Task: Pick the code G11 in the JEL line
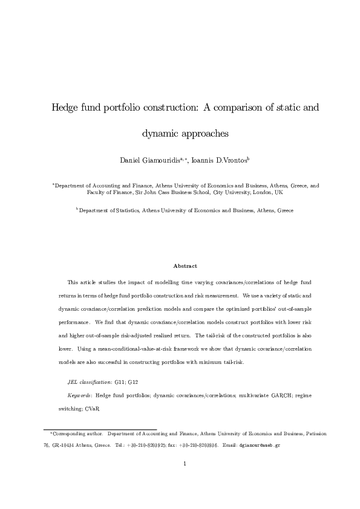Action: pyautogui.click(x=121, y=382)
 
